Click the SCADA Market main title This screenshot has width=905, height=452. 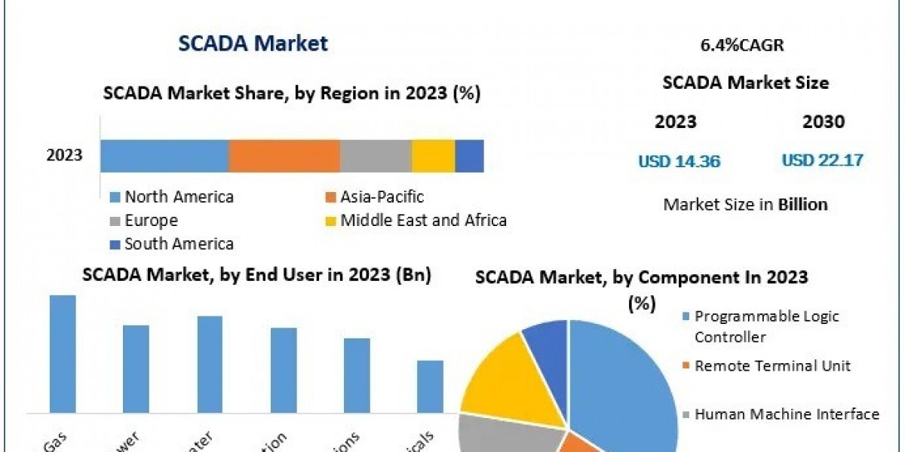coord(253,44)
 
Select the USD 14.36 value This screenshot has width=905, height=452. coord(679,160)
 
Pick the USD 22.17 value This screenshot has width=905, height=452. coord(822,160)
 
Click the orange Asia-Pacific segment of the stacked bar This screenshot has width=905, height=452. coord(284,156)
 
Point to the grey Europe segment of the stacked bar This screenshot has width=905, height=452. coord(376,156)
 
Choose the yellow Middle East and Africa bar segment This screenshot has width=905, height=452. coord(433,156)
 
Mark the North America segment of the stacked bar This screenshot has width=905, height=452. coord(164,156)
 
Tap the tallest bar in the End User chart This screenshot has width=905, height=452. coord(63,353)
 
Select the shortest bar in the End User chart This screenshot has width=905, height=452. coord(430,386)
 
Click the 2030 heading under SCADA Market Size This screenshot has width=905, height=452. coord(824,122)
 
